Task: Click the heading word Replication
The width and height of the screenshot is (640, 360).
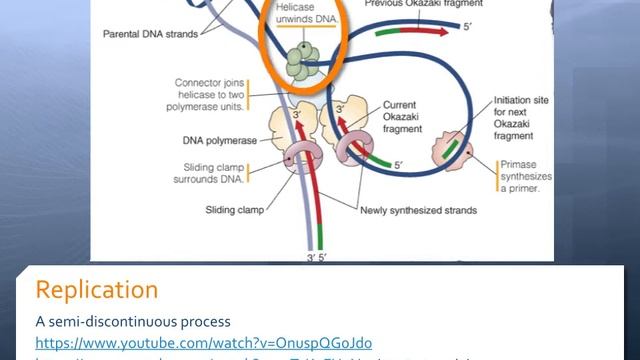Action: pos(96,290)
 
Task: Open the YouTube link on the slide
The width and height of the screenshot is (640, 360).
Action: pos(204,341)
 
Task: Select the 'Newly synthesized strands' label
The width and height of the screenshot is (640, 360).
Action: pos(420,210)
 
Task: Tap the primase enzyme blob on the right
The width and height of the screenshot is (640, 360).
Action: pos(448,151)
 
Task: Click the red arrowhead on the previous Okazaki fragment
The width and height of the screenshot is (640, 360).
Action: pos(450,29)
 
